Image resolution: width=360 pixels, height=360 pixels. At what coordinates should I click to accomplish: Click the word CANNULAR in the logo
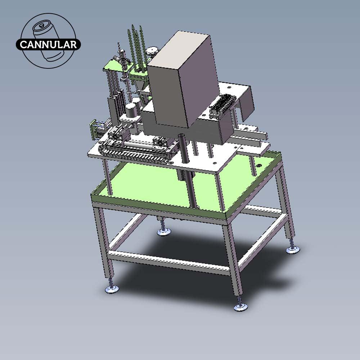pos(48,45)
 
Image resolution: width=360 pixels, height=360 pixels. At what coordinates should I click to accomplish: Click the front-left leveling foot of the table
pos(112,289)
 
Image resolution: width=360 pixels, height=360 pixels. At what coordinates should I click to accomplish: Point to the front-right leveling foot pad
pos(240,307)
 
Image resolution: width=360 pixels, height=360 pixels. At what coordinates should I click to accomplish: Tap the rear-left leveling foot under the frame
pos(163,232)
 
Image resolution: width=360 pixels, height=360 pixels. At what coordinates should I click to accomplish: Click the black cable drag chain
pos(133,155)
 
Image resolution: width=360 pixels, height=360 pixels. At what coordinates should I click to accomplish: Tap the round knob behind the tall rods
pos(153,51)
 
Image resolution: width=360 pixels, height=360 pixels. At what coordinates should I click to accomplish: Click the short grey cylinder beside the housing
pos(131,109)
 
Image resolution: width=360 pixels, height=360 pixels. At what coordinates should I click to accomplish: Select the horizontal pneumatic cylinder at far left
pos(95,130)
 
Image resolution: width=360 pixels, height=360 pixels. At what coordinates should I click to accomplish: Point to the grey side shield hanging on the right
pos(248,103)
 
